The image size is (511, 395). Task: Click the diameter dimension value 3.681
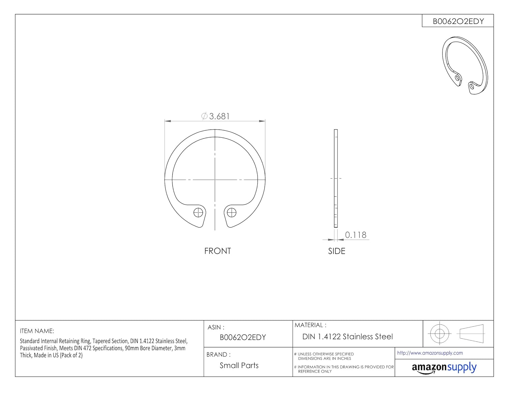(x=219, y=116)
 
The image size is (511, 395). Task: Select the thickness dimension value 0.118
(x=355, y=235)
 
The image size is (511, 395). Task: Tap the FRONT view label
(x=217, y=251)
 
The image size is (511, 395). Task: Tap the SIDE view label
(x=337, y=251)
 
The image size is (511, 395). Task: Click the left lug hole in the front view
(x=198, y=213)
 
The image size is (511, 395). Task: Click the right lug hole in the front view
(x=232, y=213)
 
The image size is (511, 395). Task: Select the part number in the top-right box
(x=458, y=21)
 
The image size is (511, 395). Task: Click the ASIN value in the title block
(x=243, y=337)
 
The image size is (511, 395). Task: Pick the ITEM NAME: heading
(x=37, y=331)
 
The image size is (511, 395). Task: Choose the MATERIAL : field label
(x=310, y=325)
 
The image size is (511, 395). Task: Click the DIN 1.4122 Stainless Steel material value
(x=347, y=337)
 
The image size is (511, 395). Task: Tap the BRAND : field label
(x=218, y=354)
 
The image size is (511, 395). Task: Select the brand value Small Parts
(x=239, y=365)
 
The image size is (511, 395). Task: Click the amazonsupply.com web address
(x=430, y=353)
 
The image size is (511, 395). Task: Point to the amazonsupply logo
(x=444, y=368)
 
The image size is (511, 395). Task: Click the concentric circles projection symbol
(x=439, y=333)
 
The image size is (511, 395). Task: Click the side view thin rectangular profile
(x=336, y=178)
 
